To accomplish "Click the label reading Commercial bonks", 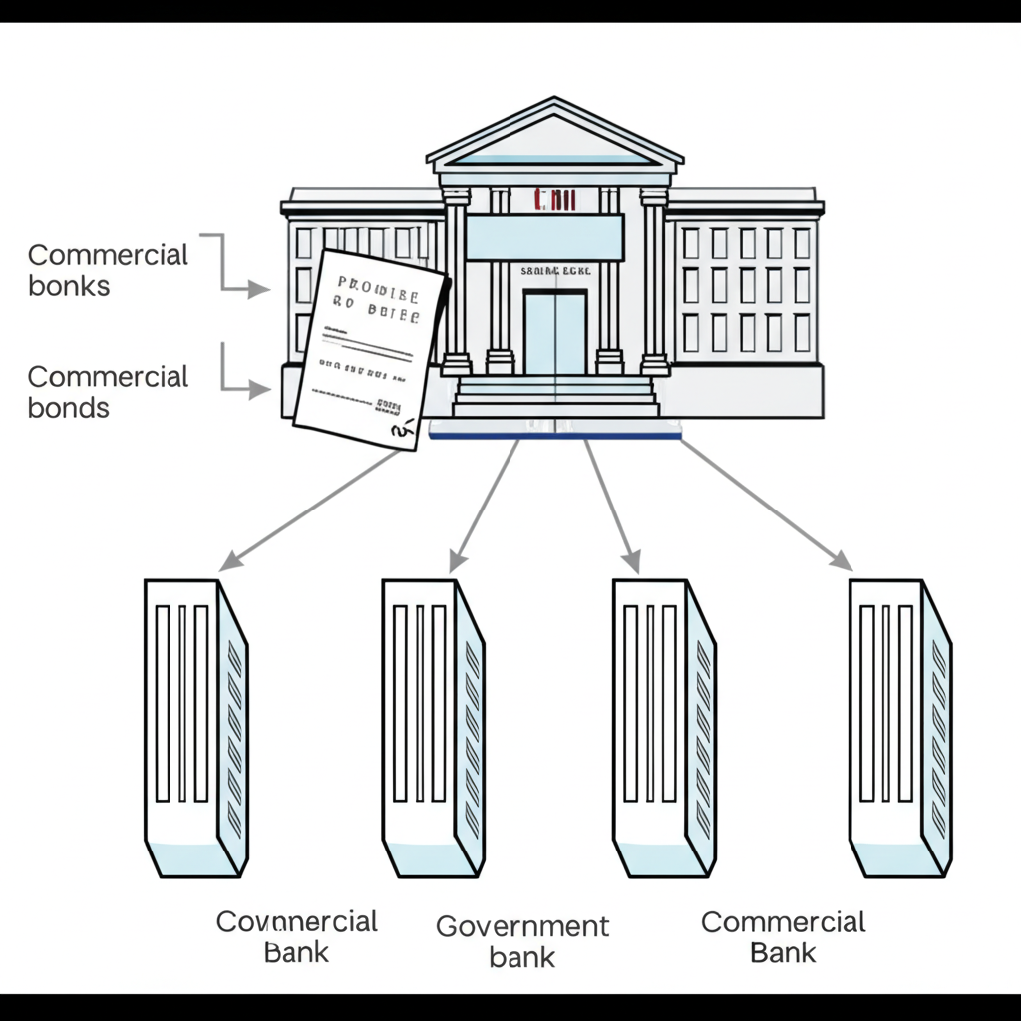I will tap(108, 270).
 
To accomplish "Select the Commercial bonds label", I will tap(108, 391).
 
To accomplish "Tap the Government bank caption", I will tap(522, 941).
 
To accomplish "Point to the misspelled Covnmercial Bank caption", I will tap(297, 935).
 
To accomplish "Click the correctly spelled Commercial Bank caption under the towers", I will tap(783, 936).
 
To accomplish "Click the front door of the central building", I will tap(554, 332).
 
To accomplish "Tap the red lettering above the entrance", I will tap(555, 200).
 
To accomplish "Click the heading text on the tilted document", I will tap(378, 296).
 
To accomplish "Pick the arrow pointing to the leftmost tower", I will tap(309, 509).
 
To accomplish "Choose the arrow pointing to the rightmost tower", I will tap(768, 504).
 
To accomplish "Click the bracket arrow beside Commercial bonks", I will tap(234, 269).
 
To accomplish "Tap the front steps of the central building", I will tap(555, 398).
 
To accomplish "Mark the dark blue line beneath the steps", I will tap(554, 436).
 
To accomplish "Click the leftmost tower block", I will tap(195, 728).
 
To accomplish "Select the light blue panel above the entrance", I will tap(544, 237).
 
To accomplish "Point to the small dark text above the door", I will tap(555, 270).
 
